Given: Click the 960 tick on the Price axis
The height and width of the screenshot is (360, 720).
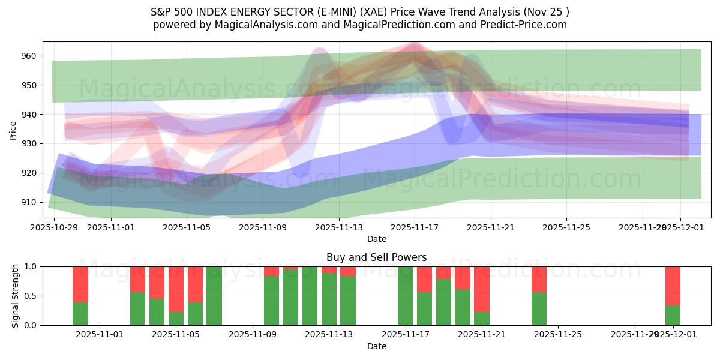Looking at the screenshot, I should coord(29,56).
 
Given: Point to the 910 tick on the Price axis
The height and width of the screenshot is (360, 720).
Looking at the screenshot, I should coord(29,202).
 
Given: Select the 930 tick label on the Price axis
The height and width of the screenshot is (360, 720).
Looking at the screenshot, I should coord(29,143).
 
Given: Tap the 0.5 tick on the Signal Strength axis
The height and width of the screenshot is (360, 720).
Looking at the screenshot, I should coord(30,296).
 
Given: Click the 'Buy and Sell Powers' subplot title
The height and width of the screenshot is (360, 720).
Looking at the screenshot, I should coord(376,257).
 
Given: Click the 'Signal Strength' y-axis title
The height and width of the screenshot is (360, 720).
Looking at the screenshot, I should coord(16,296).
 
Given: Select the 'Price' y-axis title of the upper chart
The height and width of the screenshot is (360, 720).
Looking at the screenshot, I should coord(13,130).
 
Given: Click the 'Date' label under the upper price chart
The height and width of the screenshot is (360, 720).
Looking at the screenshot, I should coord(376,239).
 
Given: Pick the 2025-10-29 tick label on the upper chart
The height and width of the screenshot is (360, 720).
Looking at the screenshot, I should coord(54,227).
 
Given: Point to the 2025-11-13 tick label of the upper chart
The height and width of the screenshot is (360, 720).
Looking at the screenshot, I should coord(339,227).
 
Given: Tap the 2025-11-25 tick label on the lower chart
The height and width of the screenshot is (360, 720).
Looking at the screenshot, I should coord(558,335).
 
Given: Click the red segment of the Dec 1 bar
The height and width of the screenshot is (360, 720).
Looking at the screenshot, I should coord(673,286).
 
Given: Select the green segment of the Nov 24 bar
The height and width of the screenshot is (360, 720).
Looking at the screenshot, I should coord(539,308).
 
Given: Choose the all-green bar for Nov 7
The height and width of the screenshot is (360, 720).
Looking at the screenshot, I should coord(214,296).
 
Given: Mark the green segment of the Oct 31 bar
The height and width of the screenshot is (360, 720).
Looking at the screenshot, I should coord(80,314).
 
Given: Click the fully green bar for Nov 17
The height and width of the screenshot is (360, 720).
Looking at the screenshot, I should coord(406,296).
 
